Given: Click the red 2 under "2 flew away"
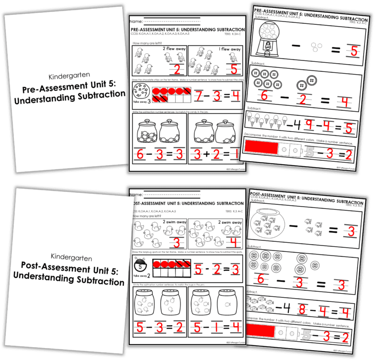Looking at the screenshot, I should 177,70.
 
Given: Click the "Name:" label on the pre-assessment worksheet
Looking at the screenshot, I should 136,22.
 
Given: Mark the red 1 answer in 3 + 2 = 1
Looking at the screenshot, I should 236,154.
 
